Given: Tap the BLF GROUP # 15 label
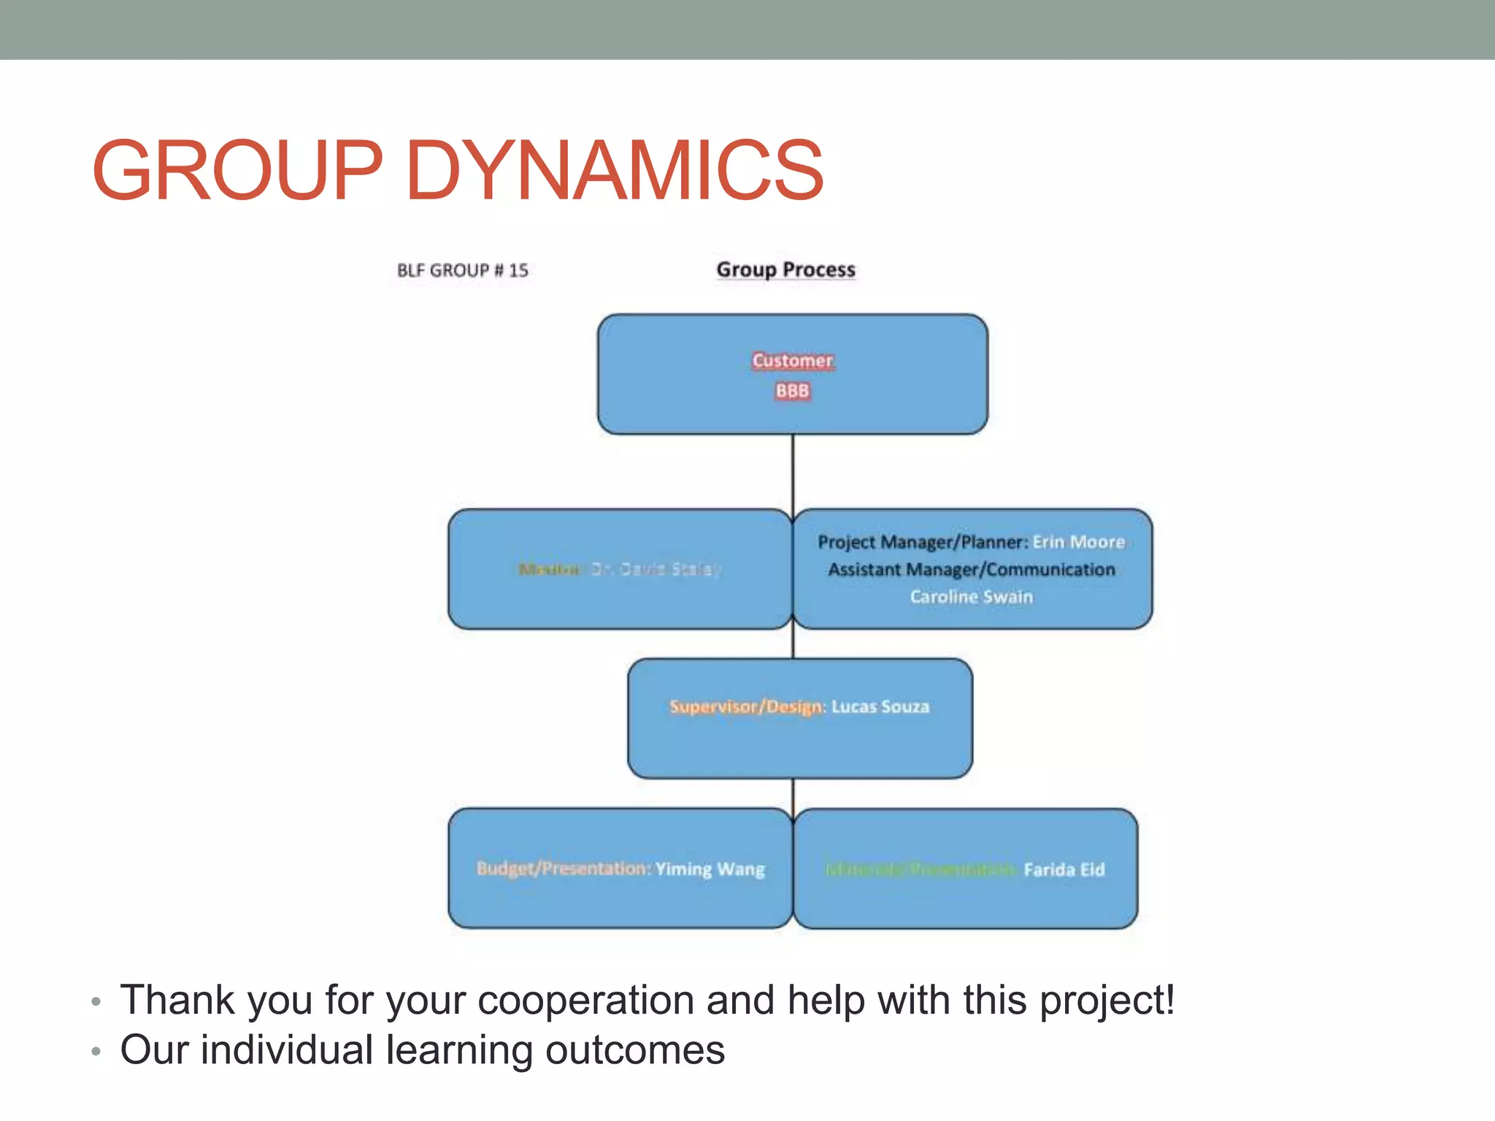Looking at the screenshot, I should click(x=462, y=271).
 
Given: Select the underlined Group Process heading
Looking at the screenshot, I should click(x=785, y=269).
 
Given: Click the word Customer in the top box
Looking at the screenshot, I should click(x=792, y=361).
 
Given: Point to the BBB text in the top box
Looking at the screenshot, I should click(x=792, y=391).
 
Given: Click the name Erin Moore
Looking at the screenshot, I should click(x=1079, y=542).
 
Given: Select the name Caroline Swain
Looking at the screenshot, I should click(x=971, y=597).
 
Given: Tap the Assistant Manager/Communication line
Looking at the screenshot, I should click(x=971, y=569).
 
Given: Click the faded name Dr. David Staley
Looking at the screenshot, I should click(x=656, y=569).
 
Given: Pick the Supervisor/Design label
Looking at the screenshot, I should click(x=746, y=706).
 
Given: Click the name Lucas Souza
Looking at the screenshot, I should click(x=880, y=706).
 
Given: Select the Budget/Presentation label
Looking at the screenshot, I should click(x=562, y=868).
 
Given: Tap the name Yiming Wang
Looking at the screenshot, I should click(x=710, y=869).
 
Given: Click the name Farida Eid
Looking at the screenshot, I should click(x=1064, y=870).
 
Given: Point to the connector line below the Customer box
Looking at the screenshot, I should click(x=793, y=471).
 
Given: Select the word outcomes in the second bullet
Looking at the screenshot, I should click(x=635, y=1050).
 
